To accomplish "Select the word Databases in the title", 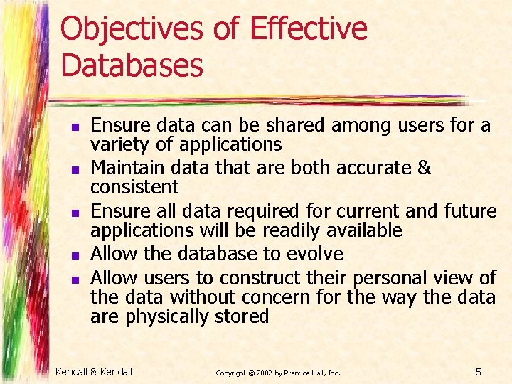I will (x=132, y=65).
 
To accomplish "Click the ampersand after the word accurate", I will (x=424, y=168).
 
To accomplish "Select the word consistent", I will (x=134, y=188).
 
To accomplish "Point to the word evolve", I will (x=315, y=254).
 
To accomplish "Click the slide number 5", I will (x=479, y=371).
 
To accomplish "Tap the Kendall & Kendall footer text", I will (x=94, y=371).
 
